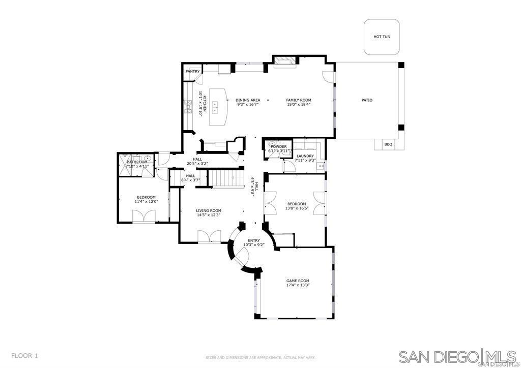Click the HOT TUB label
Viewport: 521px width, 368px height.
pos(382,37)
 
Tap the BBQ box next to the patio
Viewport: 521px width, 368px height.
pos(388,144)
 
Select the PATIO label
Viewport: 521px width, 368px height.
pos(367,100)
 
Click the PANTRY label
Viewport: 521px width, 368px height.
pos(192,72)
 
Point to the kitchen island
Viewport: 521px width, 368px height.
pos(218,107)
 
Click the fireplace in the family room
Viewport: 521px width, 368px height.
pos(285,61)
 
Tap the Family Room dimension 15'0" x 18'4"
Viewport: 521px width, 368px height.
pos(298,105)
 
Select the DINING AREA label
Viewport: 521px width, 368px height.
pos(248,100)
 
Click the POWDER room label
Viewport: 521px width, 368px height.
pos(279,146)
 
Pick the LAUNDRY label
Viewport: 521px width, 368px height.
pos(305,156)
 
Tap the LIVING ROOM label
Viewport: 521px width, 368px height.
pos(209,210)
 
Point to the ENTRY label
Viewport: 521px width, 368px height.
pos(253,240)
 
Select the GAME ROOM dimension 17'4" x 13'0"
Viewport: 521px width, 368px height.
pos(298,285)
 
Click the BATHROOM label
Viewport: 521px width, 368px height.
pos(137,162)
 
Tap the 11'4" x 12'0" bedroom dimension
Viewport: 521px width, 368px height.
pos(146,202)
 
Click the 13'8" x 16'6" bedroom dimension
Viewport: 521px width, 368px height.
pos(297,208)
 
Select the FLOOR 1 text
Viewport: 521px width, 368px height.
pos(24,356)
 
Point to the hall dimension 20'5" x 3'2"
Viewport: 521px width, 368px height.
pos(197,164)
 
